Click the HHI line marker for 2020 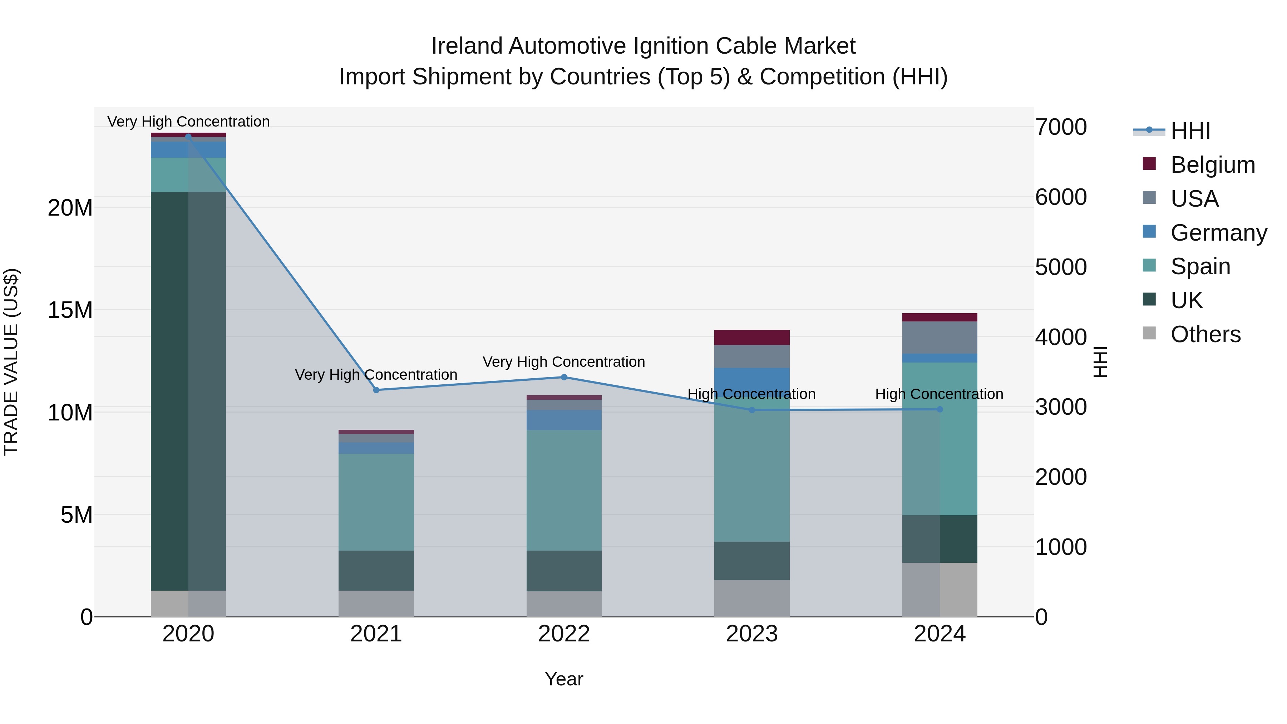point(188,137)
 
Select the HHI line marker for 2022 point(564,377)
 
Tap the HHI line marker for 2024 point(940,409)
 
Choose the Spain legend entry point(1200,266)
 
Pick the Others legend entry point(1205,334)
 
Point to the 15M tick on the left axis point(70,310)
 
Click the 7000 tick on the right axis point(1061,127)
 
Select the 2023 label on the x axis point(751,634)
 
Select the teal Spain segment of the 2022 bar point(564,490)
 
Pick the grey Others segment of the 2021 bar point(376,603)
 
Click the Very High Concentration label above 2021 point(376,374)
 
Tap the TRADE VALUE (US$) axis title point(11,362)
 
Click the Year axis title point(564,679)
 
